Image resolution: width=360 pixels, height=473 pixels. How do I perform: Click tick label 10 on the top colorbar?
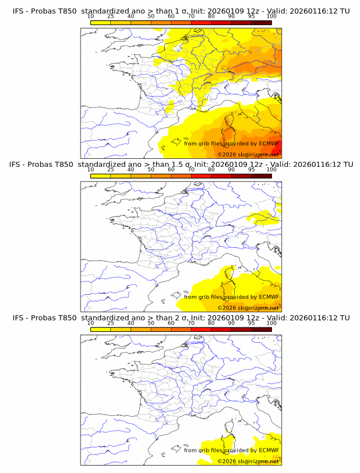click(90, 17)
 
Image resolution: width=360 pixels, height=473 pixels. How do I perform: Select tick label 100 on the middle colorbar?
click(271, 170)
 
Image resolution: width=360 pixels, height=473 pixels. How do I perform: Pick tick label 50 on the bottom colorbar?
click(151, 323)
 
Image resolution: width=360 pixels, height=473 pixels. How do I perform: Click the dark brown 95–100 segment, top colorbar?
click(261, 23)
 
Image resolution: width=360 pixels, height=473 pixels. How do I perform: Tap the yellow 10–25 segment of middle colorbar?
click(100, 176)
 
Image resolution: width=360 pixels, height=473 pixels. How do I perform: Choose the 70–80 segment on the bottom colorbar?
click(201, 329)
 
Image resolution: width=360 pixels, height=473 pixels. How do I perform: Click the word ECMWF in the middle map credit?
click(269, 297)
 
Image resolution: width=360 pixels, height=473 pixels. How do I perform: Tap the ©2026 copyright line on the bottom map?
click(248, 461)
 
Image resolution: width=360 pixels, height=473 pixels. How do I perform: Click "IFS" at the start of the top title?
click(19, 11)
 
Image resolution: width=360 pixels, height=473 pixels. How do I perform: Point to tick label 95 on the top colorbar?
click(251, 17)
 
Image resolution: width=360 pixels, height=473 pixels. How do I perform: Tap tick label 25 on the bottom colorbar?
click(110, 323)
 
